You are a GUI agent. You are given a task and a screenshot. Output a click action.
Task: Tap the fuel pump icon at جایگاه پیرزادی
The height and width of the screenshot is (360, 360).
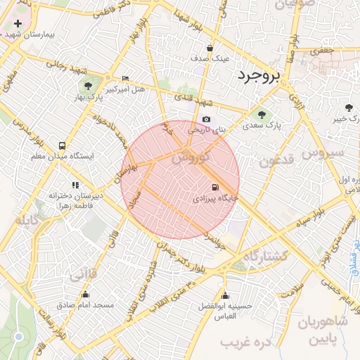click(214, 187)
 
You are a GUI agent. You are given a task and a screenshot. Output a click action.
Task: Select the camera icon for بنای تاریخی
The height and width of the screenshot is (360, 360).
click(206, 120)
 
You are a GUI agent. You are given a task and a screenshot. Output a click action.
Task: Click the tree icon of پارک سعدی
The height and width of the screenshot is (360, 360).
click(262, 114)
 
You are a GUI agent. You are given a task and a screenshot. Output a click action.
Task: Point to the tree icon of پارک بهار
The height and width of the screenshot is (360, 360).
click(88, 86)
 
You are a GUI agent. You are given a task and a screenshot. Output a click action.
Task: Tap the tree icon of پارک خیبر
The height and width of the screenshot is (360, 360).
click(349, 108)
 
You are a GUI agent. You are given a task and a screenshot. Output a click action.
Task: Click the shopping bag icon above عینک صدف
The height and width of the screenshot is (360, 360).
click(210, 48)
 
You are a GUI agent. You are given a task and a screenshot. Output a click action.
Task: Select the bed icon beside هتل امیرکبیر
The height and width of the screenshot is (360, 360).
click(125, 78)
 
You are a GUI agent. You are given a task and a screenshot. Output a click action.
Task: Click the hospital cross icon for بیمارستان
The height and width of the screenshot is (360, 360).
click(18, 23)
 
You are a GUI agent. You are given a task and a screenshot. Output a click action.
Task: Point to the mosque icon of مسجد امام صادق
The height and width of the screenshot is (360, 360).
click(86, 294)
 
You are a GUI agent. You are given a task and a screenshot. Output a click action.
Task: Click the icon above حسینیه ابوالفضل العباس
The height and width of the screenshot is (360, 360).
click(225, 295)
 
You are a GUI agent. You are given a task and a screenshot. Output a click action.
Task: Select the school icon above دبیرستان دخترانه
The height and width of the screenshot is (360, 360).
click(75, 185)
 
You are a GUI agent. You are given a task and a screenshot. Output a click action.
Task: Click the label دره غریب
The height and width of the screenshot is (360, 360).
click(245, 342)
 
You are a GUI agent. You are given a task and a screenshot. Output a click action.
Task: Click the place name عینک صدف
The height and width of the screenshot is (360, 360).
click(211, 58)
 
